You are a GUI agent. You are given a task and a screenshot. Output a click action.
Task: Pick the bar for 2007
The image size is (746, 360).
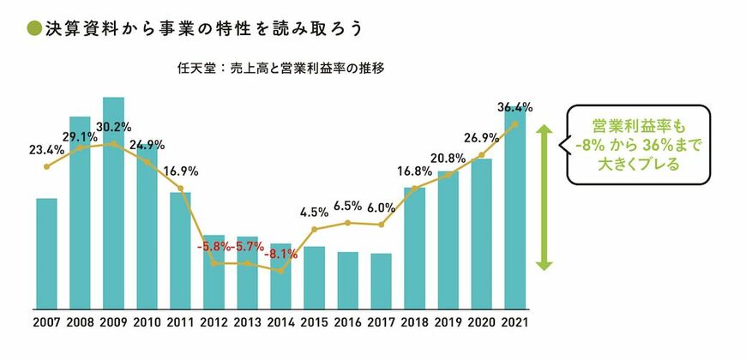(x=46, y=253)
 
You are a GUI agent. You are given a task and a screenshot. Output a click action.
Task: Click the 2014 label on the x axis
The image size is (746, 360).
(x=281, y=323)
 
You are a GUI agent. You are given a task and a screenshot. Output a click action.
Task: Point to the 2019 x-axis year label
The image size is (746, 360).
(x=448, y=323)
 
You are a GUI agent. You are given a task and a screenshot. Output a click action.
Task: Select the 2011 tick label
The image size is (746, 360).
(x=181, y=323)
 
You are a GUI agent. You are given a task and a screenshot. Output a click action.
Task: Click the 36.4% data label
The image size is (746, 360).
(x=515, y=107)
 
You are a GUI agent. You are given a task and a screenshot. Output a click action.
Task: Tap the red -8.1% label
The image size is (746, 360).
(x=281, y=254)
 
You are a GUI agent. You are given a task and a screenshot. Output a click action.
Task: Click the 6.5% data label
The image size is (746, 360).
(x=348, y=206)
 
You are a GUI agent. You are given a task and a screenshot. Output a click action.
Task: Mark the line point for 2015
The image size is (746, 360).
(x=315, y=229)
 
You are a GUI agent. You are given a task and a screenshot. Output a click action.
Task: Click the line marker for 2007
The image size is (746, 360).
(x=46, y=165)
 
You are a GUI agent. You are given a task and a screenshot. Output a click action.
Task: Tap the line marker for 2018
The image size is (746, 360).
(x=415, y=189)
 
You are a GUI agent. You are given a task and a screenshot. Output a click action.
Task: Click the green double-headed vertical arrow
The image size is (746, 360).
(x=542, y=196)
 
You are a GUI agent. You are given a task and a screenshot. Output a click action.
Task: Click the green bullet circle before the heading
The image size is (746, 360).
(x=32, y=28)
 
